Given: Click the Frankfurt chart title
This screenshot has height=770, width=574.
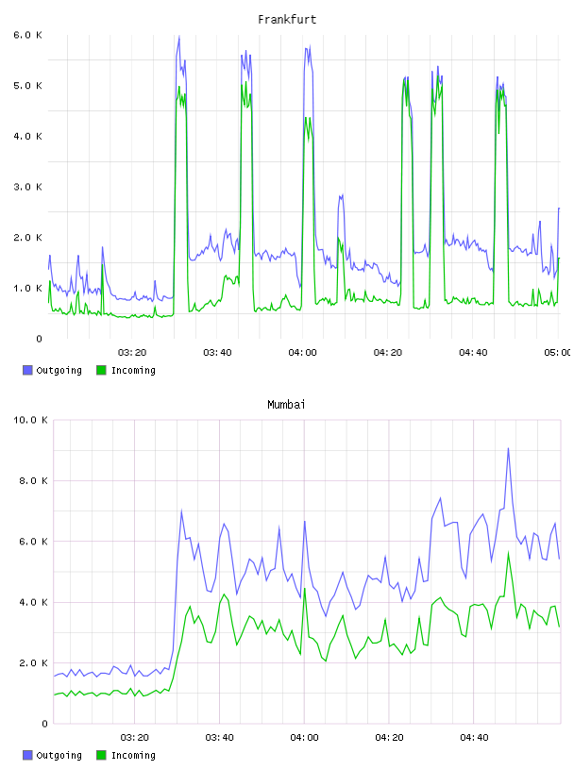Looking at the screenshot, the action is click(287, 20).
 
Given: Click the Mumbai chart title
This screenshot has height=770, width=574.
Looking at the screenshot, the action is click(286, 405).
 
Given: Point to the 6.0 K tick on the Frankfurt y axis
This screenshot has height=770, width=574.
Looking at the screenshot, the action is click(28, 35).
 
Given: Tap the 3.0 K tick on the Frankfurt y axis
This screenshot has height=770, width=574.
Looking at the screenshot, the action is click(28, 187).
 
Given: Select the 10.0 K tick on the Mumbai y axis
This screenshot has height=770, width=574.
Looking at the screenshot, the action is click(30, 420).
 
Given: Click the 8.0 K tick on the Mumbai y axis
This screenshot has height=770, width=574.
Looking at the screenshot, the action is click(33, 480).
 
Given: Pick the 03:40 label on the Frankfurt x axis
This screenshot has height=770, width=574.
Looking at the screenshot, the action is click(217, 353).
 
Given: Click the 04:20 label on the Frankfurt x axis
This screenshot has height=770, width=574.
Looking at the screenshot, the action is click(388, 353).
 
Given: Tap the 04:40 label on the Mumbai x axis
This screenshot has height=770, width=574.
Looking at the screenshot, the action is click(474, 738).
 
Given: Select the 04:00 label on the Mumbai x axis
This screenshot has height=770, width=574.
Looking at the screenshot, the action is click(304, 738).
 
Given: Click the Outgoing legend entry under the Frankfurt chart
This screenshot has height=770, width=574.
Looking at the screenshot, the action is click(52, 370).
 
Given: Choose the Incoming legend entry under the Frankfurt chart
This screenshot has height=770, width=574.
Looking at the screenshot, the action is click(126, 370).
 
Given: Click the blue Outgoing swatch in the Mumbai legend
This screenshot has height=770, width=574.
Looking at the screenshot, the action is click(27, 755).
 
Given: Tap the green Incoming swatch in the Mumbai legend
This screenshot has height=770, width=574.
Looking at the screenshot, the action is click(101, 755).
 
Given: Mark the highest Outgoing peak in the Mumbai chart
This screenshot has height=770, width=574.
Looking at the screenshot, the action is click(508, 448).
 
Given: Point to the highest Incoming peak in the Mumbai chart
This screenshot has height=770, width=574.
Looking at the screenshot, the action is click(508, 552).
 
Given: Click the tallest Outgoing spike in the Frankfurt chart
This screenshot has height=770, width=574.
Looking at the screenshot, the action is click(178, 38).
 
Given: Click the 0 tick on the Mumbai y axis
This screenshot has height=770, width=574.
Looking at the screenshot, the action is click(44, 724).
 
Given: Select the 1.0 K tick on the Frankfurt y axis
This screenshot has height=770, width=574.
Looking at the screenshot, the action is click(28, 288).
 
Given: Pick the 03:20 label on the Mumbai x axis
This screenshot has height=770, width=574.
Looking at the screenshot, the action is click(134, 738).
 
